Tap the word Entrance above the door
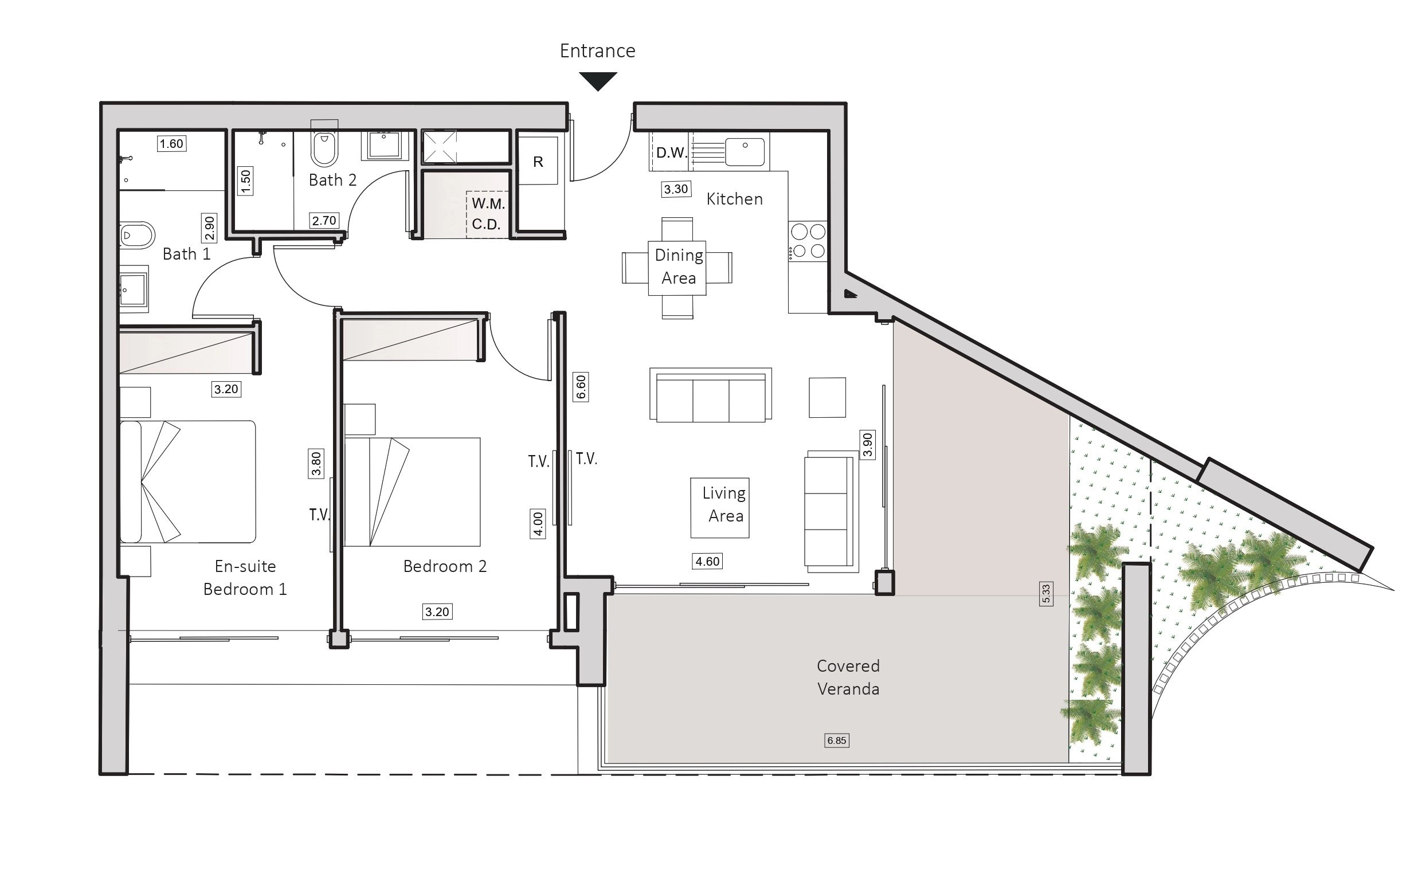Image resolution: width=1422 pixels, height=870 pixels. tap(597, 51)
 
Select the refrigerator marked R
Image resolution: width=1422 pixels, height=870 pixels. tap(538, 161)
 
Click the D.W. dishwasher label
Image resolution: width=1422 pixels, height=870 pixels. tap(672, 153)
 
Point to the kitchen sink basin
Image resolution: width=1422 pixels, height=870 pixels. tap(745, 152)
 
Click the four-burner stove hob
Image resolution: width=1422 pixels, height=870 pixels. tap(808, 241)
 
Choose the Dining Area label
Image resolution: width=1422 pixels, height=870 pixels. tap(679, 267)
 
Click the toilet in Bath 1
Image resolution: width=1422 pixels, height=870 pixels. tap(138, 236)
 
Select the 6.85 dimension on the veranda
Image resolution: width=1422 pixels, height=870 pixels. tap(837, 740)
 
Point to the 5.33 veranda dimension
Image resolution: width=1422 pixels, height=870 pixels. tap(1047, 594)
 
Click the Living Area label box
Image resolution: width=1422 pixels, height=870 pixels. tap(720, 508)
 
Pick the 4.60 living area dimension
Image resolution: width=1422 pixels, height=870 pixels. tap(707, 561)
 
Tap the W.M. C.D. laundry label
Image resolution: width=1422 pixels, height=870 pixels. tap(488, 214)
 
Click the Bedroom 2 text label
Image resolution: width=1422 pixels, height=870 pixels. tap(445, 567)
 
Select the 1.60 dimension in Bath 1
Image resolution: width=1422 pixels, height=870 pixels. tap(171, 144)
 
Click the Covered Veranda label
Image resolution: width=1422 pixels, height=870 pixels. tap(848, 677)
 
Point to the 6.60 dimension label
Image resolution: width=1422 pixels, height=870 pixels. tap(581, 387)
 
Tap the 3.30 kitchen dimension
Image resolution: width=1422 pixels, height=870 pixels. tap(676, 189)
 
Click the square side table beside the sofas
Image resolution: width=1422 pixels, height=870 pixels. tap(828, 398)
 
